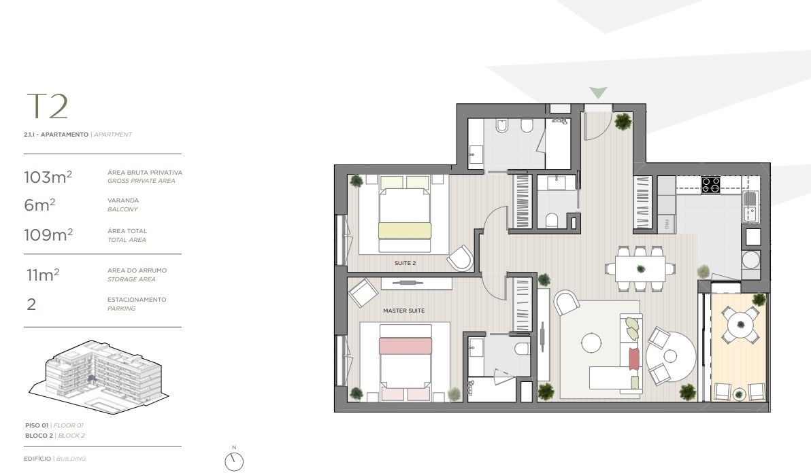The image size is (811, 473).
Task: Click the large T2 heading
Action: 47,107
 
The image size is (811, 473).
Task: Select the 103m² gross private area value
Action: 48,178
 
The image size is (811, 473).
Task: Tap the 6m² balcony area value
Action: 39,205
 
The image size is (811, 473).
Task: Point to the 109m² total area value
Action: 48,235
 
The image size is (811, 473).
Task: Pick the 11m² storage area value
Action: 42,275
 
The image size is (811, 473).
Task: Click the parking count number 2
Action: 31,304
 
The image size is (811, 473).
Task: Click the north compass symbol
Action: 234,461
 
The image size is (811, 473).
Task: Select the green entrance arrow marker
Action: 598,92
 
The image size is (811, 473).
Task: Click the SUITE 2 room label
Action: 405,262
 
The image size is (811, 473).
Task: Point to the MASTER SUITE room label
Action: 403,311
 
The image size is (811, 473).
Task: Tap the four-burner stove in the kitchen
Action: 711,185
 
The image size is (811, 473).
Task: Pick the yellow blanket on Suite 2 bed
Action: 405,230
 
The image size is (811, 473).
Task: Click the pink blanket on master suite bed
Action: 405,345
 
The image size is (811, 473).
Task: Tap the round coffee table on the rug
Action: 592,343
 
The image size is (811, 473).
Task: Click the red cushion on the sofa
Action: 634,357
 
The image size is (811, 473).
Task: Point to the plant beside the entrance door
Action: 623,121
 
